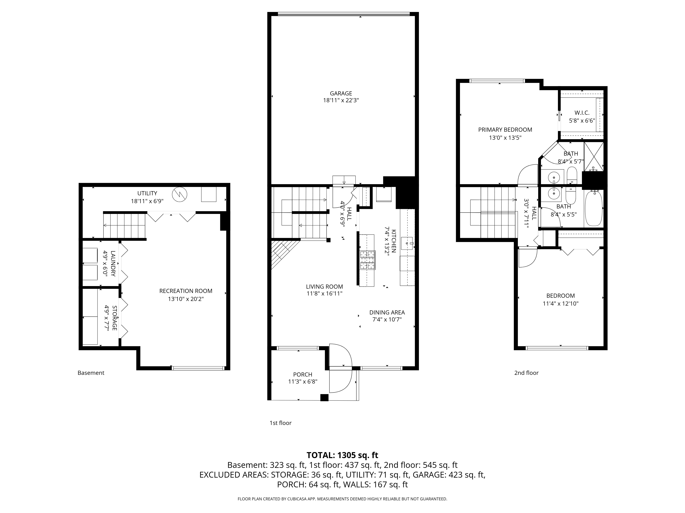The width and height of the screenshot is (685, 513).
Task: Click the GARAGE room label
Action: click(x=341, y=93)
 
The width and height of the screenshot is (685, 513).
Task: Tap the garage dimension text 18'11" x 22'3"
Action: click(x=341, y=101)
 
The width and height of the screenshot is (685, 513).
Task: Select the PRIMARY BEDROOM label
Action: click(x=505, y=130)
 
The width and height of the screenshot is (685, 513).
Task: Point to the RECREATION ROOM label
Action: click(x=186, y=291)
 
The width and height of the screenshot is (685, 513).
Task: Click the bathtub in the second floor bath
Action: click(x=593, y=209)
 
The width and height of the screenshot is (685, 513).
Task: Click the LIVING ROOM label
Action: click(x=325, y=287)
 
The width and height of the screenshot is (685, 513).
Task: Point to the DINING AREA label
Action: click(x=387, y=313)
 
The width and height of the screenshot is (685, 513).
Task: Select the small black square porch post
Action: click(x=324, y=398)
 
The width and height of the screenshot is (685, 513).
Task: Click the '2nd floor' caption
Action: click(x=526, y=373)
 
